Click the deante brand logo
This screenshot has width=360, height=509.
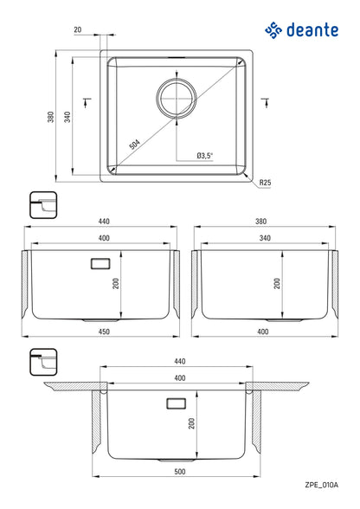point(300,31)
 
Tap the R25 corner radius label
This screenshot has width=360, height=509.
point(265,184)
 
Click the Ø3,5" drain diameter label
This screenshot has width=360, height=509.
point(204,156)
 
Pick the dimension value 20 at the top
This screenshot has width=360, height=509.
point(78,29)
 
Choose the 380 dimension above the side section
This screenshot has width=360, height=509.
point(260,222)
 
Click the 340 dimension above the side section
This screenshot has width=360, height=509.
point(260,237)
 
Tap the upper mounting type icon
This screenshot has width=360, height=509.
point(42,204)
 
